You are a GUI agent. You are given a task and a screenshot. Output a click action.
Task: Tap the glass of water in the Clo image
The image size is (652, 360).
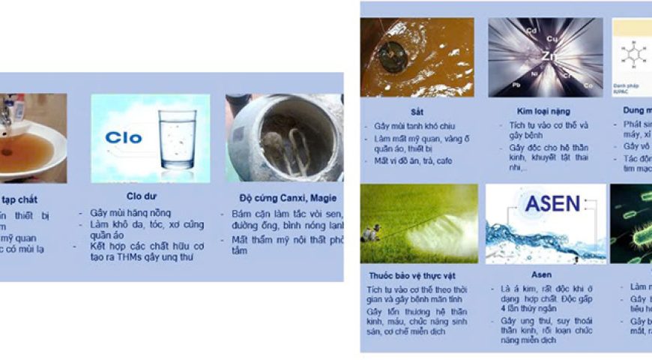pos(178,140)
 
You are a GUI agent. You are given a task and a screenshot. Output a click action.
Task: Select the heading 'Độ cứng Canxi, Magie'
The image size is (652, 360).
pos(283,198)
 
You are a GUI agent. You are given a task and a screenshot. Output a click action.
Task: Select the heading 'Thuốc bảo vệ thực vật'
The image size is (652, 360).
pos(406,275)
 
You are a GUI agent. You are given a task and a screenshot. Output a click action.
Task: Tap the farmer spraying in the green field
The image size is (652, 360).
pos(370,233)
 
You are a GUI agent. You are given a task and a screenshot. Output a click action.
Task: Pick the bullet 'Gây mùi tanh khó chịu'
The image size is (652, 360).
pos(414,126)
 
